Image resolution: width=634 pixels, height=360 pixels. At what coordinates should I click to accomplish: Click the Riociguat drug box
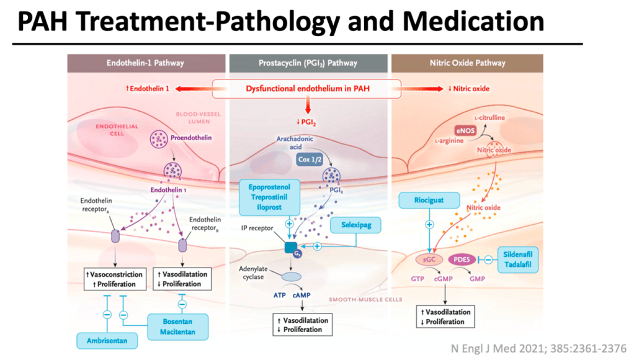[429, 200]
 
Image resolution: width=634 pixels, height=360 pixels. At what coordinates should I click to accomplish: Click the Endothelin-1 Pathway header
[145, 63]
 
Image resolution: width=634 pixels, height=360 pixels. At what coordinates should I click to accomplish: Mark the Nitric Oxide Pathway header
[464, 63]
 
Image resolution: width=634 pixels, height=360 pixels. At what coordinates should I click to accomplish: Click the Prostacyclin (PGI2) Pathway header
[308, 63]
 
